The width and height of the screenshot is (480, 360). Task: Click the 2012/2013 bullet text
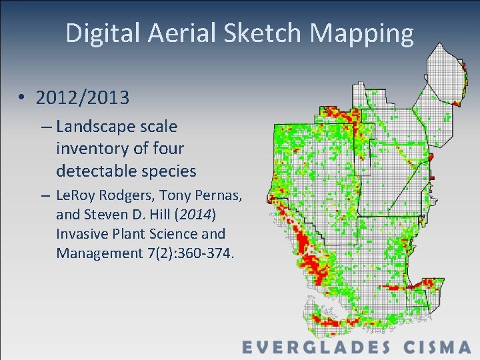tap(83, 98)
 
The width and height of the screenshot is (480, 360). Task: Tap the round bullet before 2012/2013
tap(22, 99)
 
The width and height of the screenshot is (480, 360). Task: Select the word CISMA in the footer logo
tap(437, 347)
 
